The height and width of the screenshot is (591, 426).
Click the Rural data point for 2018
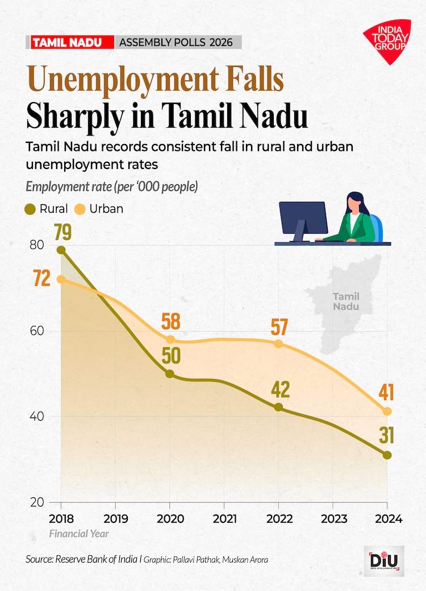point(61,250)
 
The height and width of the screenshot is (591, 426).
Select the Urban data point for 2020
point(170,339)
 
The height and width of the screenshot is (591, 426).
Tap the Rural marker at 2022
point(278,407)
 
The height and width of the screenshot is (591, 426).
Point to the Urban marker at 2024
point(387,411)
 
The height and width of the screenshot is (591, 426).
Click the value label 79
point(65,232)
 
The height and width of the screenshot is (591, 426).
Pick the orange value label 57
point(279,327)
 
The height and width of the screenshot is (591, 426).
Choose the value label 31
point(387,436)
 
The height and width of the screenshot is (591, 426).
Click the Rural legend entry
point(48,209)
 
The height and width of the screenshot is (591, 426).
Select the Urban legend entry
point(100,209)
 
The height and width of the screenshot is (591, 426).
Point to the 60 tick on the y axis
point(37,331)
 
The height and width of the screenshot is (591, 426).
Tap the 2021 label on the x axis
point(224,519)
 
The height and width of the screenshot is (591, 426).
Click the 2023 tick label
point(332,519)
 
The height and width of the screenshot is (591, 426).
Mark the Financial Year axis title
point(78,534)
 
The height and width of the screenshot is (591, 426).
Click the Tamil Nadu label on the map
point(346,301)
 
